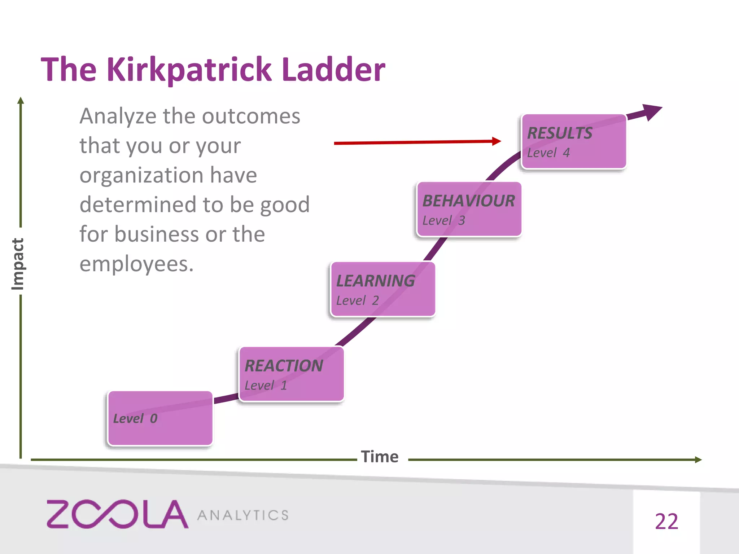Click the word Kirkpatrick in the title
pyautogui.click(x=189, y=70)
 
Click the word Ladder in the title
pyautogui.click(x=333, y=70)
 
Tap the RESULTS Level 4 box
pyautogui.click(x=574, y=142)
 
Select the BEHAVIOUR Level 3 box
pyautogui.click(x=469, y=210)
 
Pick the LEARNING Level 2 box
pyautogui.click(x=382, y=289)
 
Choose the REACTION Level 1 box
pyautogui.click(x=291, y=374)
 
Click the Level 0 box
pyautogui.click(x=160, y=418)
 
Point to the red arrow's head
pyautogui.click(x=497, y=141)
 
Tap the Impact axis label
pyautogui.click(x=18, y=264)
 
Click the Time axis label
pyautogui.click(x=380, y=457)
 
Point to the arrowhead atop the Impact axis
pyautogui.click(x=21, y=100)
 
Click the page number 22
pyautogui.click(x=666, y=522)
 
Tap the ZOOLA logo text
pyautogui.click(x=117, y=514)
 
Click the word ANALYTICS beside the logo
pyautogui.click(x=243, y=515)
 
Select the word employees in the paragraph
pyautogui.click(x=136, y=264)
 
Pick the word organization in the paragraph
pyautogui.click(x=141, y=176)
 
